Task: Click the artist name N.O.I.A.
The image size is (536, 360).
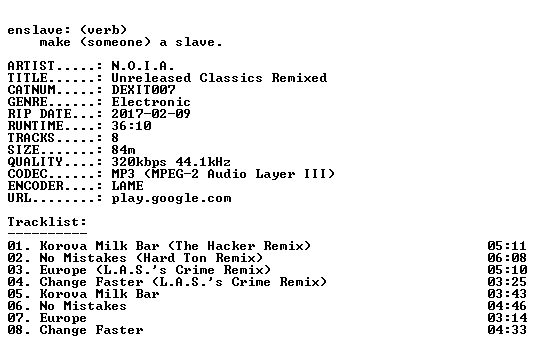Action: click(143, 65)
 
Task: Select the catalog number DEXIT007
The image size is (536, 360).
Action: click(144, 90)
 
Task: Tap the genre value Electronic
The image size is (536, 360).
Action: click(151, 102)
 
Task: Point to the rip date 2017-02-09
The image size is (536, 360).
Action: click(151, 114)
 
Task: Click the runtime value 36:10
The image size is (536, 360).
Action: click(132, 125)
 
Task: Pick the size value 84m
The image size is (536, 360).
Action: click(123, 149)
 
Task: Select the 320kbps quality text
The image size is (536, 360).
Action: click(139, 162)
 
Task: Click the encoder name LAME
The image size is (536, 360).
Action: click(128, 186)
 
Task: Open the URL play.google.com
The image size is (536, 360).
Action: click(172, 198)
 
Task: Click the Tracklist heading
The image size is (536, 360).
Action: click(47, 222)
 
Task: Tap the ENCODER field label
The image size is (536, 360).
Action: click(36, 186)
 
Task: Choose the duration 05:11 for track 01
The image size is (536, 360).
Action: click(507, 245)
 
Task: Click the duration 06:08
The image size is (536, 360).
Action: click(507, 257)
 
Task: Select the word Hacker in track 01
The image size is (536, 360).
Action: click(231, 245)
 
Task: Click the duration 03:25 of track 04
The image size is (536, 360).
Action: click(507, 281)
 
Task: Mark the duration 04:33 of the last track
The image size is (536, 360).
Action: click(507, 330)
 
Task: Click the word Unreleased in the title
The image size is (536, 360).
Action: click(151, 78)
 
